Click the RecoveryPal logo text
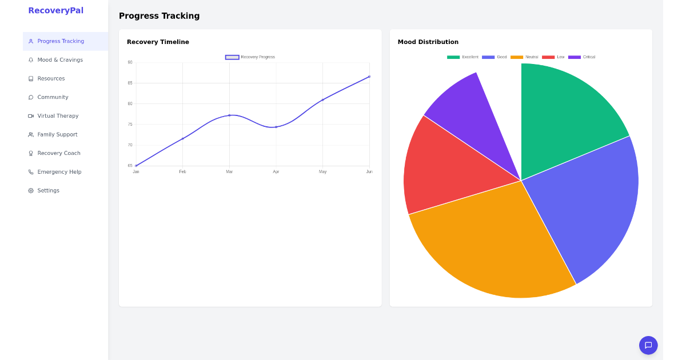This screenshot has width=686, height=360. (x=55, y=10)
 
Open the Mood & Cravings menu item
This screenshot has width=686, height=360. (x=59, y=60)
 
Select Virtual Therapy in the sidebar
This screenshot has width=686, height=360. (x=58, y=116)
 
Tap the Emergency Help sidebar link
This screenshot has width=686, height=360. (x=59, y=172)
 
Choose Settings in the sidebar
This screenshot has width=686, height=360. (x=48, y=191)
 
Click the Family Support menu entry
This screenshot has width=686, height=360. (x=57, y=135)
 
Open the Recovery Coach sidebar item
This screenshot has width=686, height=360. (x=58, y=153)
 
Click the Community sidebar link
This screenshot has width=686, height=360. (x=53, y=97)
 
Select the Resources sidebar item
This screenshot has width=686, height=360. (x=51, y=79)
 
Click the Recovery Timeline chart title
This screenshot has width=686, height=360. (x=158, y=42)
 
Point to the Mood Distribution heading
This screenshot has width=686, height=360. (x=428, y=42)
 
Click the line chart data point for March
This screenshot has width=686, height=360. (x=229, y=115)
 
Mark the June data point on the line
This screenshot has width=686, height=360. (x=369, y=77)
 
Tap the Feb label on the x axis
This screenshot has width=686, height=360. (x=182, y=172)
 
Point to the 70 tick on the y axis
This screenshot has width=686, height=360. (x=130, y=145)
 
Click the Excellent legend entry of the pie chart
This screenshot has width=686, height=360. (x=463, y=57)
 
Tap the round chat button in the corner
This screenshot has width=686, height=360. (x=648, y=345)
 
